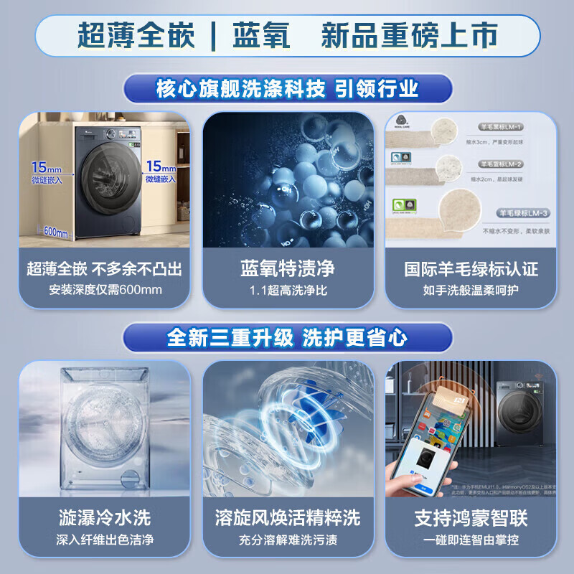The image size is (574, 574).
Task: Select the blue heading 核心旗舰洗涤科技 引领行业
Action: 287,89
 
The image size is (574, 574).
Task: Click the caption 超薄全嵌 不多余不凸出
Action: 105,269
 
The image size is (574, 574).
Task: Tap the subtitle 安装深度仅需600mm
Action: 105,290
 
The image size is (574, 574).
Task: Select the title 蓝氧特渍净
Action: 288,269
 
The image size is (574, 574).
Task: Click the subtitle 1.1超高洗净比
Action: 288,290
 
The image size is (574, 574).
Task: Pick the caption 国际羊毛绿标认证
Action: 471,269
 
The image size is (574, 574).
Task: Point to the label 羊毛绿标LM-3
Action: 522,212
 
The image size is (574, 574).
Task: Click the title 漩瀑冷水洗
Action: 105,517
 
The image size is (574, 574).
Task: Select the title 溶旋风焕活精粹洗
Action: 288,517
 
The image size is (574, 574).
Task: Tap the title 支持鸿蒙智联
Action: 471,517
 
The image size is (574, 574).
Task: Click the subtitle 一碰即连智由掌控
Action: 471,539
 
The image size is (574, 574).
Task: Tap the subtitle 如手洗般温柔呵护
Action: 471,290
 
